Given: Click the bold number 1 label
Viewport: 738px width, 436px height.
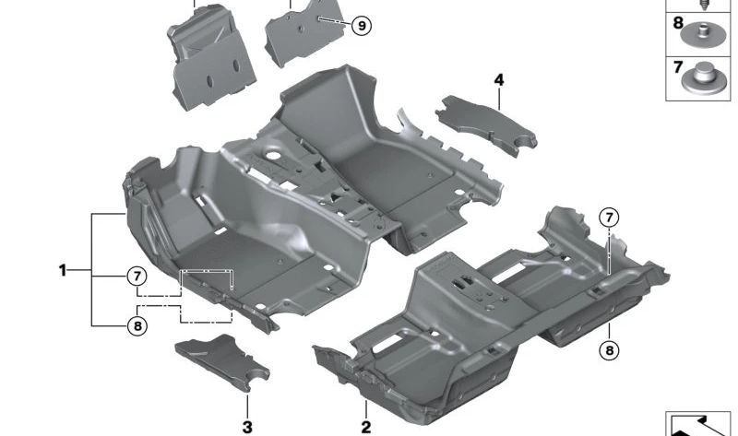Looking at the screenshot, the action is coord(63,270).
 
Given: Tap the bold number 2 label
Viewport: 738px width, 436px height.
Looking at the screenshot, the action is coord(365,427).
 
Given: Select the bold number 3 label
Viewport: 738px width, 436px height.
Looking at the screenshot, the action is coord(247,427).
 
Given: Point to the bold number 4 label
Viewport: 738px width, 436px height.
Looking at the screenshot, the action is coord(499,80).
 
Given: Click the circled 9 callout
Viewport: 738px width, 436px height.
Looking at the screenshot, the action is coord(362,26).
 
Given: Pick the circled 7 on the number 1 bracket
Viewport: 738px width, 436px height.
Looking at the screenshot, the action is coord(137,277).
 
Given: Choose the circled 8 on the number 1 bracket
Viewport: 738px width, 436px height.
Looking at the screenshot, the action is coord(137,325).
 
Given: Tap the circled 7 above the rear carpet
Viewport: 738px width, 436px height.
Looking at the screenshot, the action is coord(609,218).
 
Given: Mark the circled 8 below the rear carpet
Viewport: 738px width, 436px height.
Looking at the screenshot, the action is coord(610,350).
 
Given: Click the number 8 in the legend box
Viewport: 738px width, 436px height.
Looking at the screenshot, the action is coord(678,22).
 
